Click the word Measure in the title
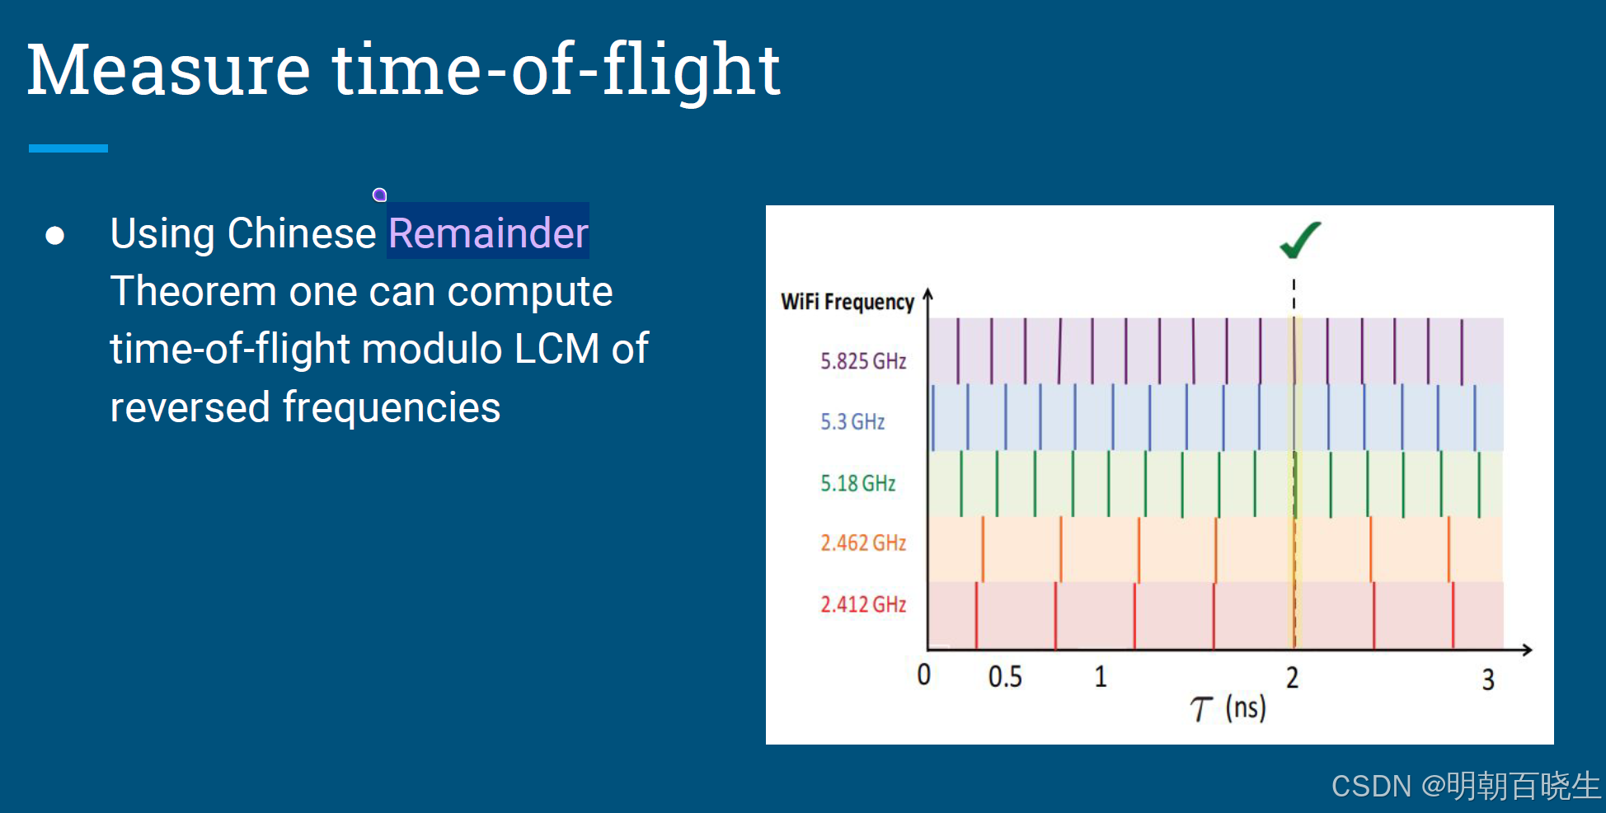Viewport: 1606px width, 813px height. coord(168,71)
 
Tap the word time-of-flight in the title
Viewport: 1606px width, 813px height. coord(556,71)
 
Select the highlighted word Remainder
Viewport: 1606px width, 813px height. coord(488,233)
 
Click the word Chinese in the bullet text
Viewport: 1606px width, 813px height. coord(302,233)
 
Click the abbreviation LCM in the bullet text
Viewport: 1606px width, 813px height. coord(556,349)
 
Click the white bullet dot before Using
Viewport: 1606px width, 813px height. coord(55,236)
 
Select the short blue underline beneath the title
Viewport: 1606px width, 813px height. coord(68,148)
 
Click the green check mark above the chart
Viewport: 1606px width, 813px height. coord(1300,240)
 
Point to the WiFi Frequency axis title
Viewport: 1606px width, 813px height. coord(847,302)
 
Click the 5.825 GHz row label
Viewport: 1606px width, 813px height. coord(862,361)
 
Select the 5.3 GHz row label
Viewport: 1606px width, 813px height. coord(852,422)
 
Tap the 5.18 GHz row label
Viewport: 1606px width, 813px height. coord(857,483)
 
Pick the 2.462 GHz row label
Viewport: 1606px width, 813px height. coord(862,543)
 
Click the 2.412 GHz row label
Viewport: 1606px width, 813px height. coord(862,604)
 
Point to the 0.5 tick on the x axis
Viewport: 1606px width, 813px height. coord(1004,677)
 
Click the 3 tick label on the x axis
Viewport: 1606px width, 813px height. coord(1487,679)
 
